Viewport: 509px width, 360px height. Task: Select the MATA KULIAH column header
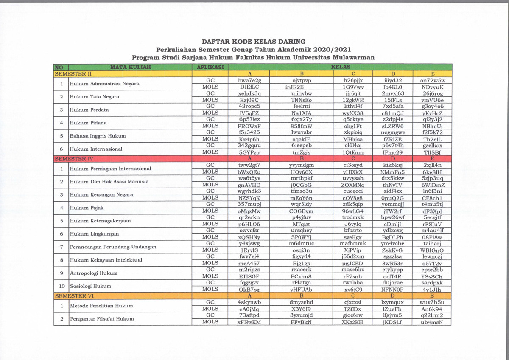[x=131, y=67]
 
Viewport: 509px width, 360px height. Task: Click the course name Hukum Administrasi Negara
[x=104, y=84]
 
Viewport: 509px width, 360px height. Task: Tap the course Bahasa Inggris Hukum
[x=98, y=136]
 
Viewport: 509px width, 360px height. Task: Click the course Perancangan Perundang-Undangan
[x=113, y=247]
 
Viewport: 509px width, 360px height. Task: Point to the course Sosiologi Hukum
[x=90, y=286]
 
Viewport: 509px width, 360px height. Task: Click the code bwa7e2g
[x=249, y=80]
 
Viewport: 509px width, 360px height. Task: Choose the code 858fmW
[x=302, y=126]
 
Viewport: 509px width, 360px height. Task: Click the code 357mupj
[x=249, y=205]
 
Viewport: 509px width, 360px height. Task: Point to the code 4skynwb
[x=249, y=303]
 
